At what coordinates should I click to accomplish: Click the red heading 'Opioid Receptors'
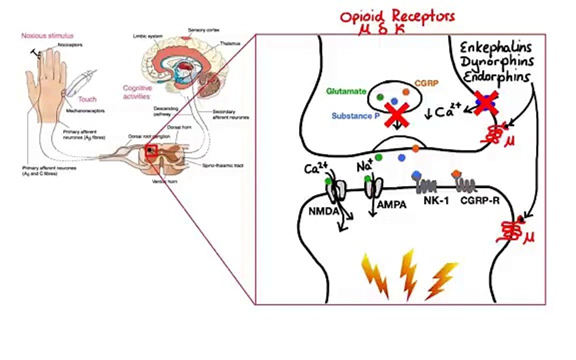click(x=397, y=16)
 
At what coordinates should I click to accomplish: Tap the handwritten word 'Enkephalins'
click(x=495, y=48)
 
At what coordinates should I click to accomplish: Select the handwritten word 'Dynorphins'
click(x=496, y=62)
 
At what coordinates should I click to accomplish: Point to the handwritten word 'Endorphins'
click(x=495, y=77)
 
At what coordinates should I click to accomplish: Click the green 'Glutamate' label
click(x=346, y=91)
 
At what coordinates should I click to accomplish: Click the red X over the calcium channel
click(x=483, y=101)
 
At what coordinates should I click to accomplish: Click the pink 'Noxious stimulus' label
click(x=47, y=35)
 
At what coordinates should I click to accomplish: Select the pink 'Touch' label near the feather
click(x=87, y=99)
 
